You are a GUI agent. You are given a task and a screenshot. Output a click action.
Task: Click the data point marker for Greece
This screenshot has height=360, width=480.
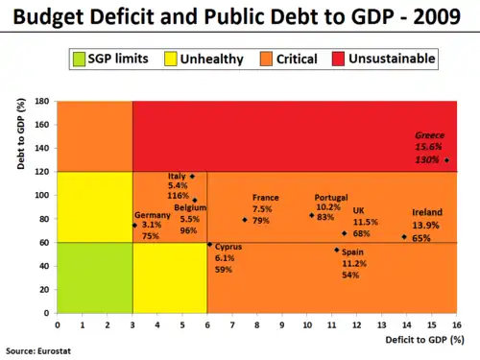[x=446, y=160]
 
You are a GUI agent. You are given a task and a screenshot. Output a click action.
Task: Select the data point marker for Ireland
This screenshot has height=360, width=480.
[x=404, y=236]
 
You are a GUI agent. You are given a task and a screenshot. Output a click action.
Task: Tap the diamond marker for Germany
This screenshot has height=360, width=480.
[x=134, y=226]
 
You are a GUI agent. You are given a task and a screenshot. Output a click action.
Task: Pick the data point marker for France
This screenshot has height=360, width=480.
[x=245, y=220]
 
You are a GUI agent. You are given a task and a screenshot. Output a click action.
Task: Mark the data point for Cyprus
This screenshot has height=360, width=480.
[x=209, y=244]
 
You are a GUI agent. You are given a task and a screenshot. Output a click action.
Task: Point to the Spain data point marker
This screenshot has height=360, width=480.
[x=337, y=250]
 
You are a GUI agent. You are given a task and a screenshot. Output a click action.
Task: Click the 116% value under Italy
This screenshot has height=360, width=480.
[x=178, y=195]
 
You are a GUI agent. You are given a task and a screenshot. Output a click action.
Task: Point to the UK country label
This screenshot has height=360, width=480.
[x=358, y=210]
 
